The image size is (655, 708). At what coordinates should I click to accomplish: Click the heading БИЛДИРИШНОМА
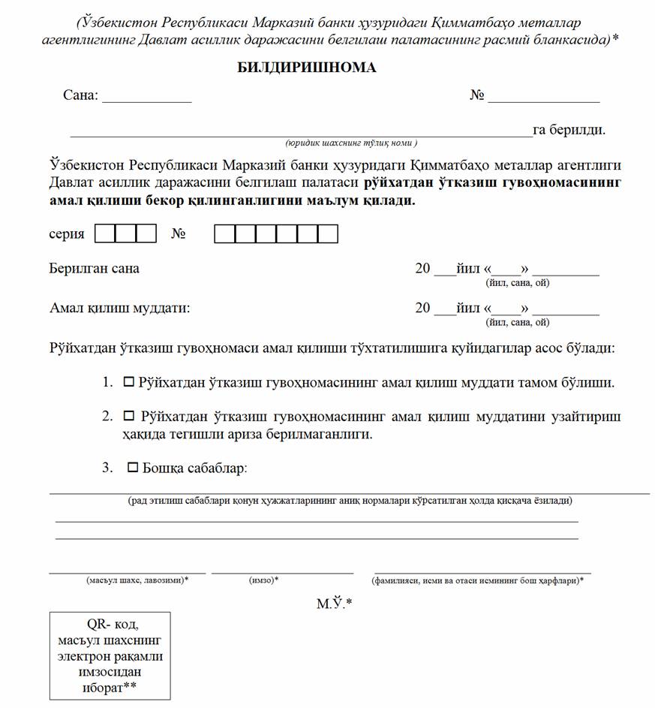(x=307, y=68)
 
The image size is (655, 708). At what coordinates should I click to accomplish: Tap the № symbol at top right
(x=476, y=96)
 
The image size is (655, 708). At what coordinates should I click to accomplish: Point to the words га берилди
(x=569, y=130)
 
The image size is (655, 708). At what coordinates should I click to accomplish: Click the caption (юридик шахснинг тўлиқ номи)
(x=351, y=143)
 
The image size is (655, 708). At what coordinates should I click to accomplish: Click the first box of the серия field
(x=106, y=234)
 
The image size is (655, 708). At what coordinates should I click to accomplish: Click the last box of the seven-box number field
(x=328, y=234)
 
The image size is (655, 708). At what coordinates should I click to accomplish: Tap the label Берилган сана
(x=95, y=269)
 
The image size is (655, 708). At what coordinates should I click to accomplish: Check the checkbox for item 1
(x=128, y=382)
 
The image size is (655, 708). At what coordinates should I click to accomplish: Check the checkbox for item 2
(x=128, y=415)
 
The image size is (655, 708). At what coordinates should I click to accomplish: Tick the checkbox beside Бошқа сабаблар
(x=133, y=468)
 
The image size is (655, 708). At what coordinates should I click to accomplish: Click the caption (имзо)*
(x=263, y=580)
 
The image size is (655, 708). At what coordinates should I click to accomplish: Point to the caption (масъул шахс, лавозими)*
(x=137, y=580)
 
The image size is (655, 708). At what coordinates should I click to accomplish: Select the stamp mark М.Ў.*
(x=333, y=603)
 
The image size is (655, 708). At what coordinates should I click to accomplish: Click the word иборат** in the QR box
(x=110, y=688)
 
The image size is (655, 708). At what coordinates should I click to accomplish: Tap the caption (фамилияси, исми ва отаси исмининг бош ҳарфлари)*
(x=477, y=580)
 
